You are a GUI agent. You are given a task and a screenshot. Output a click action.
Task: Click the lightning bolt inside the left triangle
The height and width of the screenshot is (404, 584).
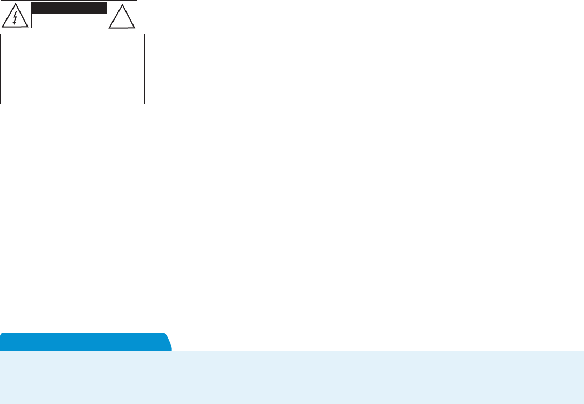click(x=15, y=18)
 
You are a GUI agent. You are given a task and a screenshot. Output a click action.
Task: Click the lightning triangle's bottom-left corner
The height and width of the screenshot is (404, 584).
click(x=3, y=27)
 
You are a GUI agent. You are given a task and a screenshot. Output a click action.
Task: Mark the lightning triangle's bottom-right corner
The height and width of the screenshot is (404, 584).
click(x=27, y=27)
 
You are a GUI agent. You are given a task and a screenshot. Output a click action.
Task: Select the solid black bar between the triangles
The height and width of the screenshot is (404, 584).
click(x=69, y=8)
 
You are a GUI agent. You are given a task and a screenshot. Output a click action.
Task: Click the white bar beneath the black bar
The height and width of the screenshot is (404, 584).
click(x=69, y=21)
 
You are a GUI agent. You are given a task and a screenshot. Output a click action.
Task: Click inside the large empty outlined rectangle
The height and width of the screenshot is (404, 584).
click(x=72, y=69)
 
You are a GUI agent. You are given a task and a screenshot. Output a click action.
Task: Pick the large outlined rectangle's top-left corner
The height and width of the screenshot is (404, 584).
click(x=1, y=34)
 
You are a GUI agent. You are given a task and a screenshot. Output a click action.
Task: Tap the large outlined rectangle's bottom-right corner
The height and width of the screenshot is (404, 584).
click(x=144, y=103)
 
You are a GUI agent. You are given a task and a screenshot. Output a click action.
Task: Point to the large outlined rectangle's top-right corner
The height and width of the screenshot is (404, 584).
click(x=144, y=34)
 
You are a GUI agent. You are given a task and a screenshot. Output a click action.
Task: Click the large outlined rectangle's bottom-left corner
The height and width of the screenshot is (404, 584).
click(x=1, y=103)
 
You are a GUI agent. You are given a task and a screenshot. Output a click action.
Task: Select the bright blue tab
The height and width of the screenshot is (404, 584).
click(x=84, y=342)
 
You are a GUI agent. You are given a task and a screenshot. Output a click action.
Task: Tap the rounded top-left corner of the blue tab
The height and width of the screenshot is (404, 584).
click(x=2, y=335)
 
